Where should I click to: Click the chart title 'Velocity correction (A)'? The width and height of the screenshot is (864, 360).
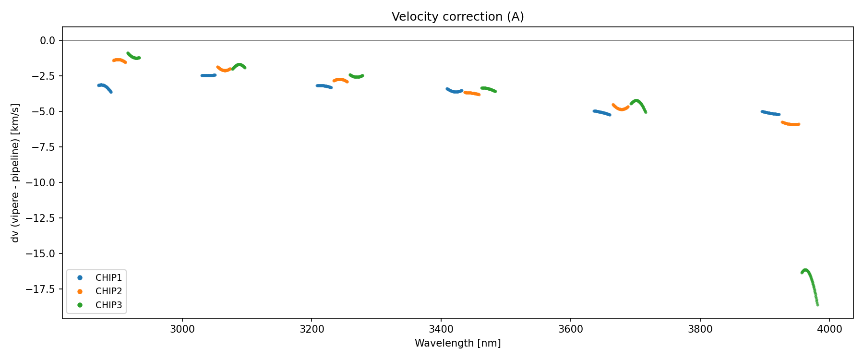click(457, 17)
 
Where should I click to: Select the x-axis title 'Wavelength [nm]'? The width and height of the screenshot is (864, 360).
click(457, 343)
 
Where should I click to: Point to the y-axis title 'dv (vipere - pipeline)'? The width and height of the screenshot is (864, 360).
click(15, 173)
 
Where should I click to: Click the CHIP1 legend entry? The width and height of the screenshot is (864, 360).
click(108, 277)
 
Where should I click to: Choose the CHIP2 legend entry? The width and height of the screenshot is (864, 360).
click(108, 291)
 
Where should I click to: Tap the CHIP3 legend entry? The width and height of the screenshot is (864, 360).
click(108, 305)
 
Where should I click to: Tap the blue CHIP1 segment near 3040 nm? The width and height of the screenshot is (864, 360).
click(208, 75)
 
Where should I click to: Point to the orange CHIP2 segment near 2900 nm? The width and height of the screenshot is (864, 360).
click(119, 60)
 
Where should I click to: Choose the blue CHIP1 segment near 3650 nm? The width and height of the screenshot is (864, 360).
click(602, 113)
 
